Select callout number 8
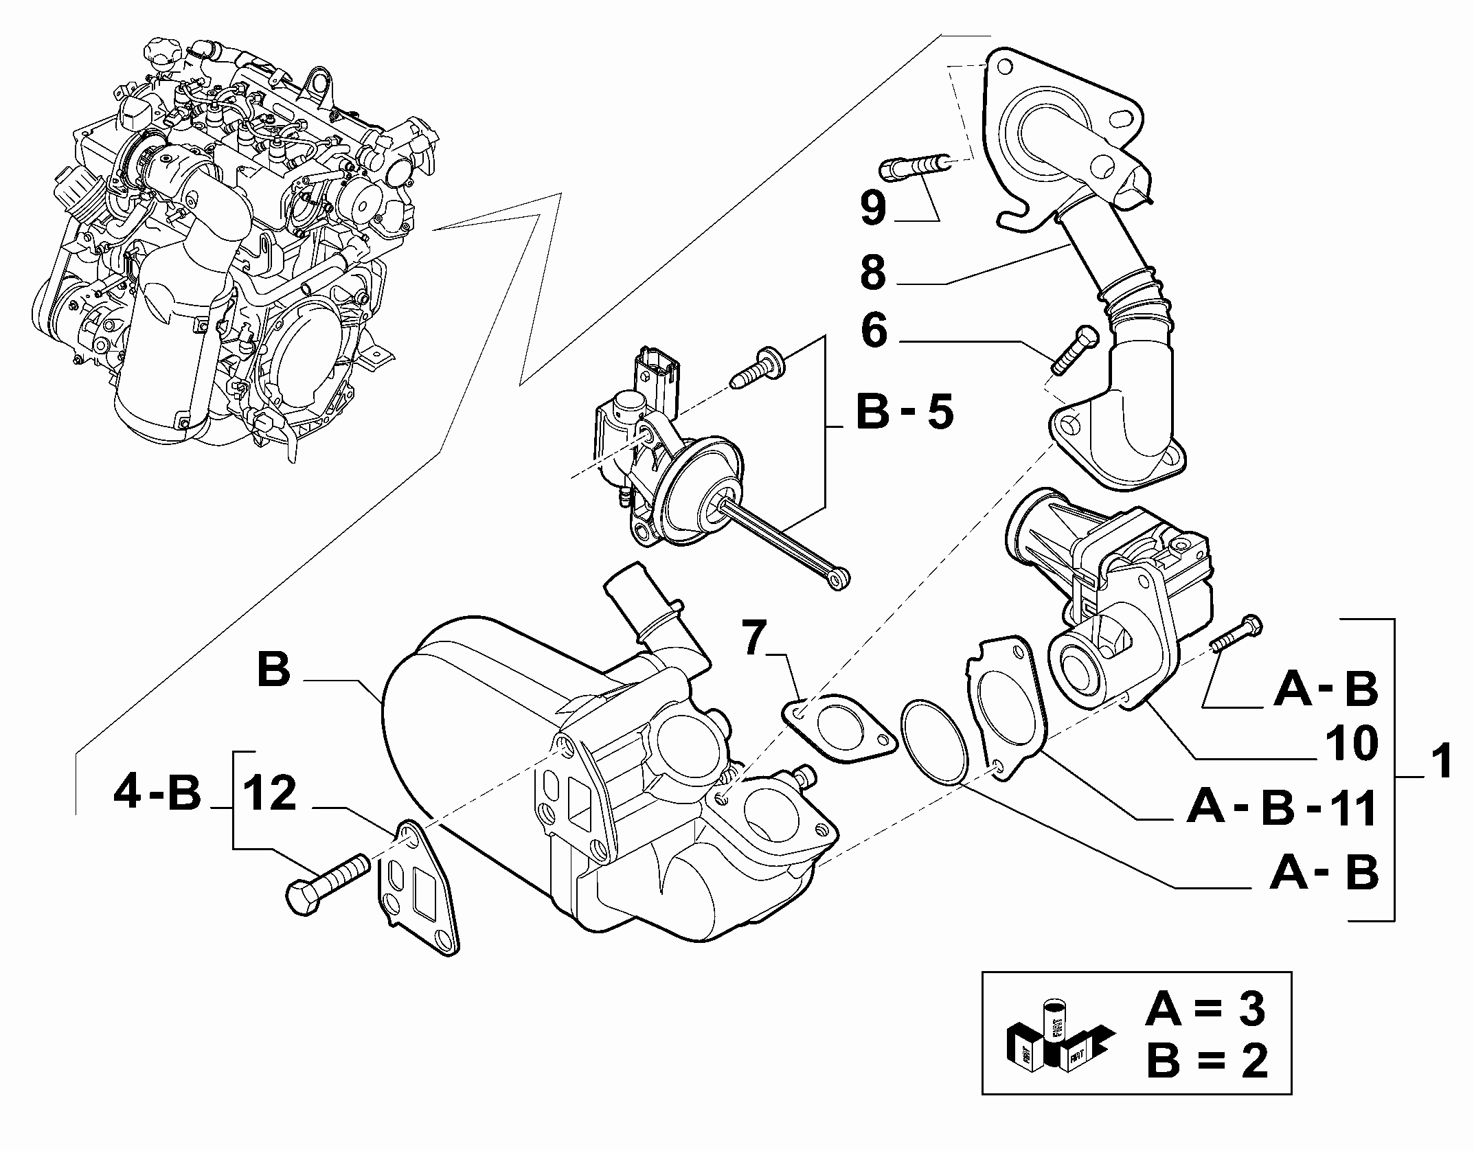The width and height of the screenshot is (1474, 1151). pos(874,273)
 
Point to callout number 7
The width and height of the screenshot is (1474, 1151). pos(754,639)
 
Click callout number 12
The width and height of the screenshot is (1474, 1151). pos(270,794)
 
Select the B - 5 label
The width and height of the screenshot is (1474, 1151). pos(905,412)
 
